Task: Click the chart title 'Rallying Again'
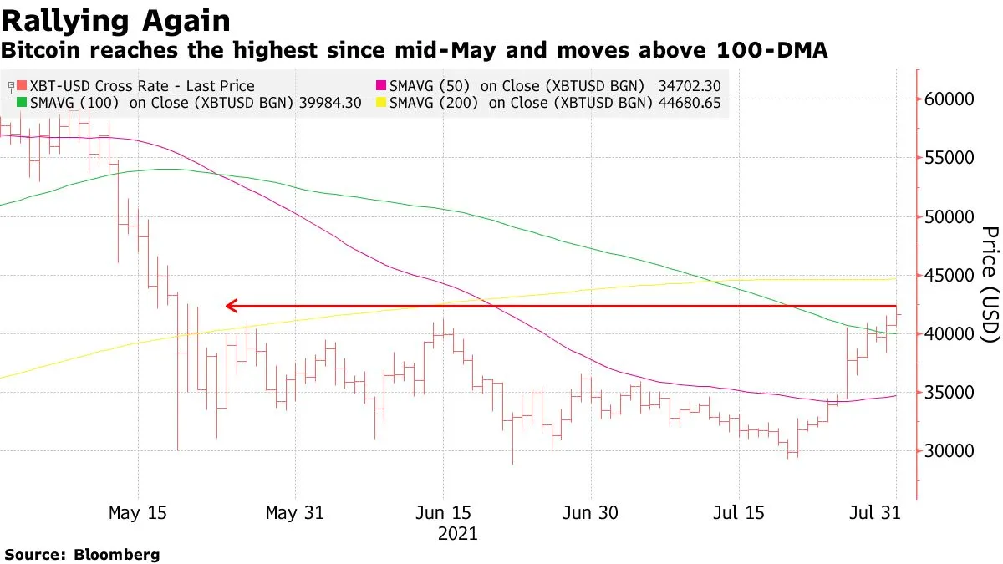[116, 20]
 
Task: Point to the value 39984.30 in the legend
[328, 104]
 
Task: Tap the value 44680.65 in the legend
[689, 104]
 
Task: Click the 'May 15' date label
[137, 513]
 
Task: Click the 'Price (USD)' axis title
[989, 284]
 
